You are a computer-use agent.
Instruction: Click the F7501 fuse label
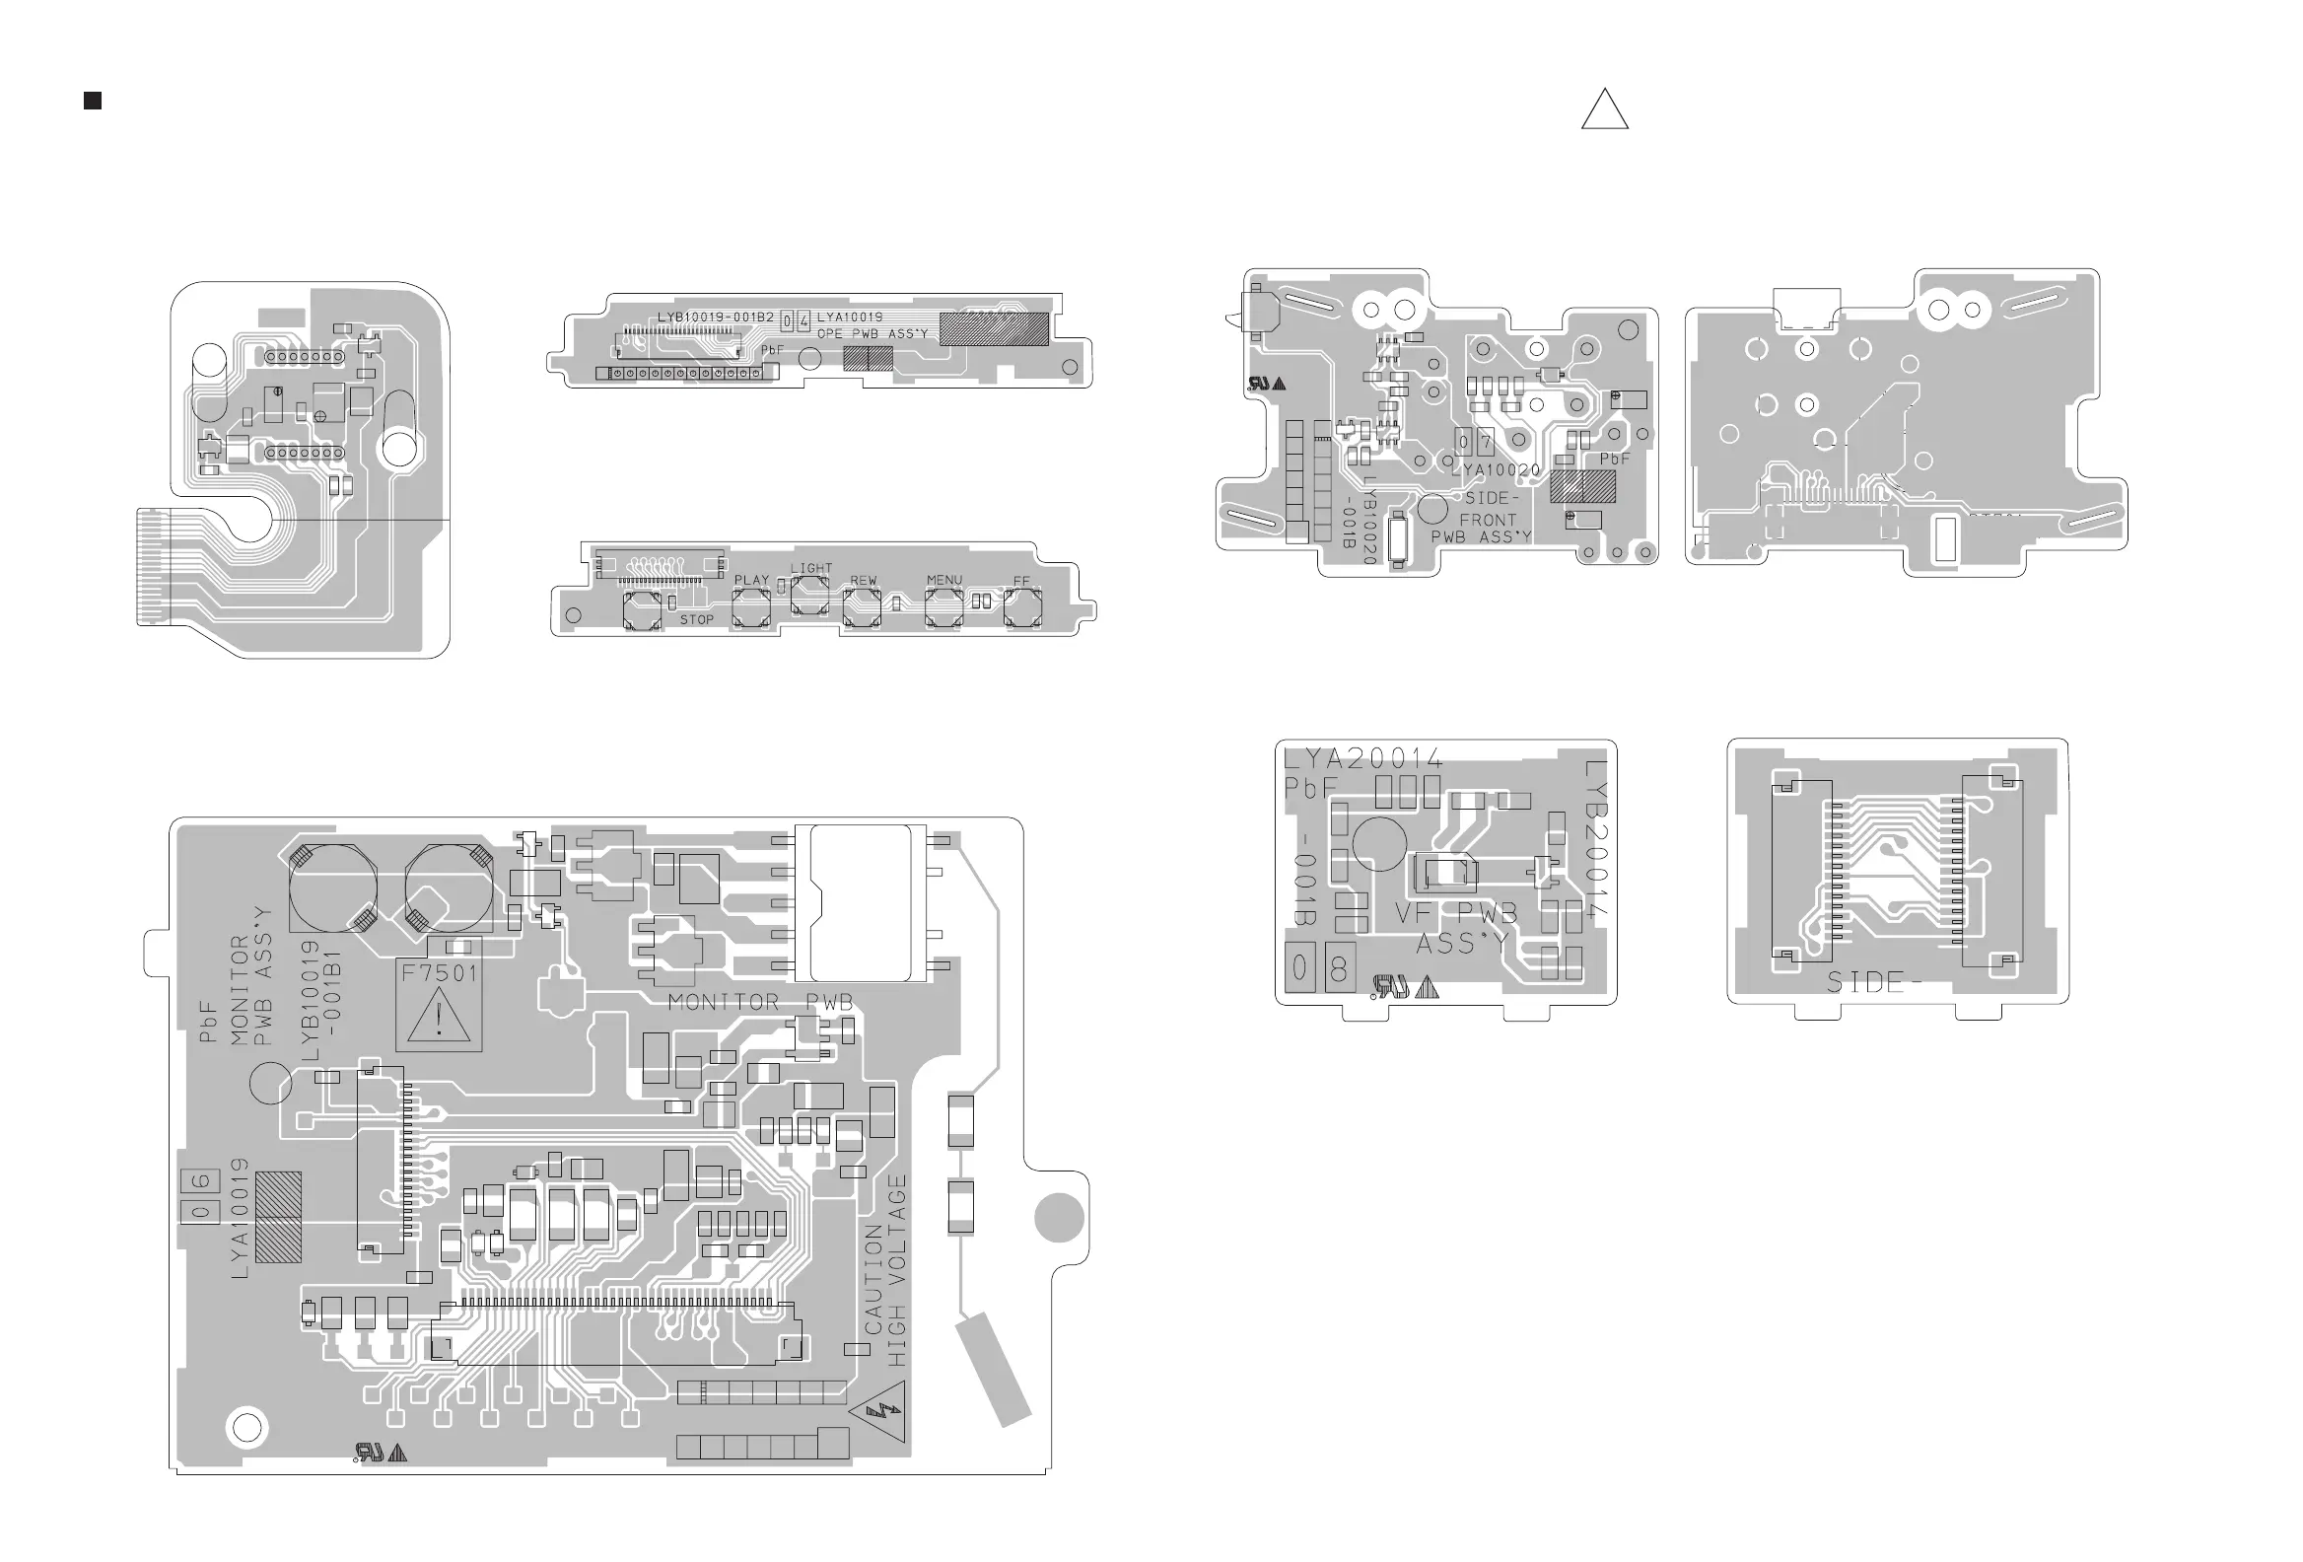pos(439,972)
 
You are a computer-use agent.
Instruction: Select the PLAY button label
pos(751,580)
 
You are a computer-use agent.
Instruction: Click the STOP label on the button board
pos(697,619)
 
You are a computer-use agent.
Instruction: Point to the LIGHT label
pos(811,568)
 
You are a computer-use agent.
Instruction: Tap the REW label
pos(863,580)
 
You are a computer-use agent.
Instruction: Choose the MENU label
pos(944,580)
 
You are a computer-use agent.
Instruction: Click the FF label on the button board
pos(1021,581)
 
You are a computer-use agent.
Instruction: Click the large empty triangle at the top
pos(1604,111)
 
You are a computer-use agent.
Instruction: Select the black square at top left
pos(93,101)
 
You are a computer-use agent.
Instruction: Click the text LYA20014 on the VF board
pos(1363,759)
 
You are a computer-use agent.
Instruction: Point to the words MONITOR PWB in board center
pos(760,1002)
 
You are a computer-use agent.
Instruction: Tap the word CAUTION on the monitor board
pos(873,1279)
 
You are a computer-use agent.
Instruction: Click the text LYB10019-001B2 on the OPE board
pos(716,318)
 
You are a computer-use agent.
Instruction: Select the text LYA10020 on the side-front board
pos(1496,469)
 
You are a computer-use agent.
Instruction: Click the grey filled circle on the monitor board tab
pos(1059,1217)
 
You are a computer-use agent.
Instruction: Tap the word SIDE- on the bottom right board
pos(1874,982)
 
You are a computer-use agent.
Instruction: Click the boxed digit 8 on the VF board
pos(1339,968)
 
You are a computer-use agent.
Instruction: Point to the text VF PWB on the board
pos(1456,913)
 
